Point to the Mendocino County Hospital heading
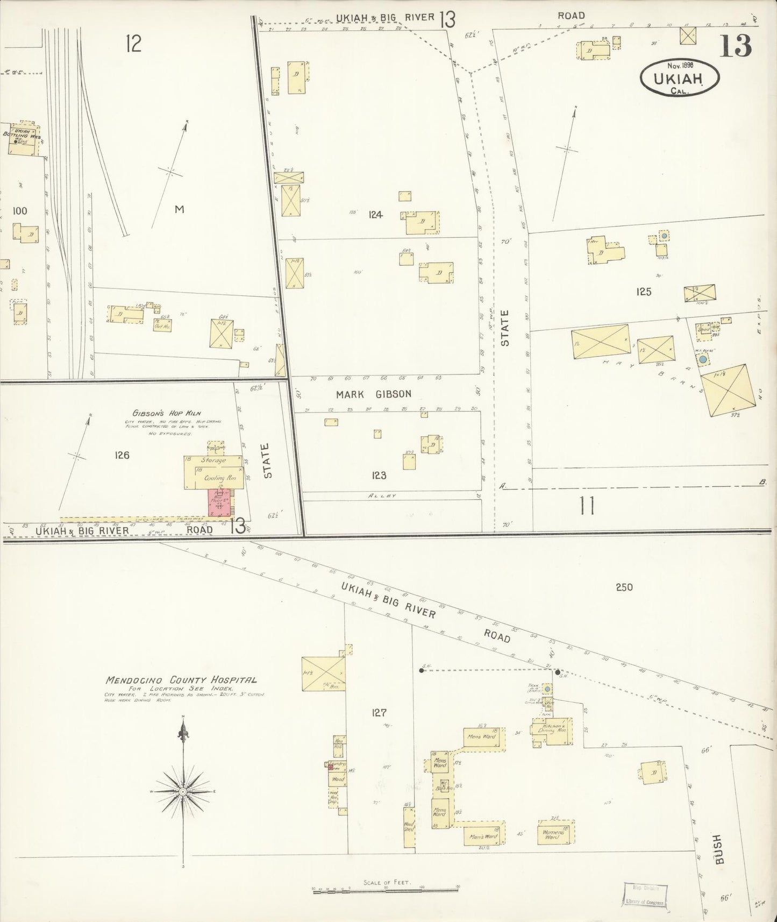coord(181,680)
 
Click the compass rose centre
coord(183,792)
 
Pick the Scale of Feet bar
coord(387,888)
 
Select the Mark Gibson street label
coord(373,394)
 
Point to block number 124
coord(375,215)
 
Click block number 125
coord(643,292)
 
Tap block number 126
coord(122,455)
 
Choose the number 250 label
coord(624,587)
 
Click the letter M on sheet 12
coord(179,209)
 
